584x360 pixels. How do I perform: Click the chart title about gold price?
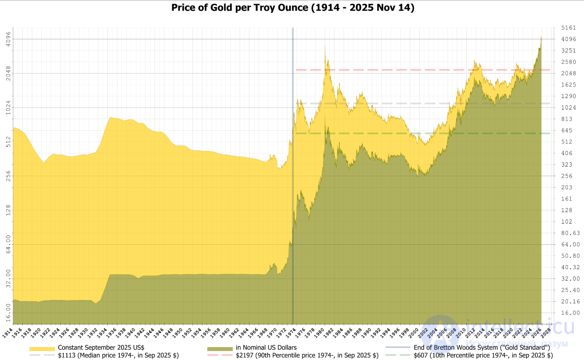click(x=292, y=8)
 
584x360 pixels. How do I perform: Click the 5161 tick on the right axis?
click(x=568, y=28)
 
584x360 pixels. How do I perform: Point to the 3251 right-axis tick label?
click(x=568, y=50)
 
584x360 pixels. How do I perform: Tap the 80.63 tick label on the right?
click(x=570, y=233)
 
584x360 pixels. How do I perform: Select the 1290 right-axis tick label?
click(x=568, y=96)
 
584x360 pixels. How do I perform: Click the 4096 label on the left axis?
click(x=8, y=39)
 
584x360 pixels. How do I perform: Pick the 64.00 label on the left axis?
click(x=8, y=244)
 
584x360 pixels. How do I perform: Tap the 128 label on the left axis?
click(x=8, y=210)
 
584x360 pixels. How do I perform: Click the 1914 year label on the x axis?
click(x=7, y=333)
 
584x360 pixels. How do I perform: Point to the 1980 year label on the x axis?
click(x=319, y=333)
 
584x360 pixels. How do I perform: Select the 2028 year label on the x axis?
click(x=546, y=333)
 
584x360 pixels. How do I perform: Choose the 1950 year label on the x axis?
click(x=177, y=333)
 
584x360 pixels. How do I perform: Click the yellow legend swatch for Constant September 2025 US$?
click(x=42, y=348)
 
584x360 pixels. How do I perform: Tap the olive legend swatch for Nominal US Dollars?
click(x=220, y=348)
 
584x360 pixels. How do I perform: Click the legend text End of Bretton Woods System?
click(x=482, y=348)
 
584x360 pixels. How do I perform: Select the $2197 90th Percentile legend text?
click(x=307, y=355)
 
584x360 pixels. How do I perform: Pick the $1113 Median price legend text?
click(x=118, y=355)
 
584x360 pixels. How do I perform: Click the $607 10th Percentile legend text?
click(x=483, y=355)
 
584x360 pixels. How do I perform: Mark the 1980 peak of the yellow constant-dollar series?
click(x=325, y=46)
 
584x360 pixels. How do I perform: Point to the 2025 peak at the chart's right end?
click(x=541, y=37)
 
